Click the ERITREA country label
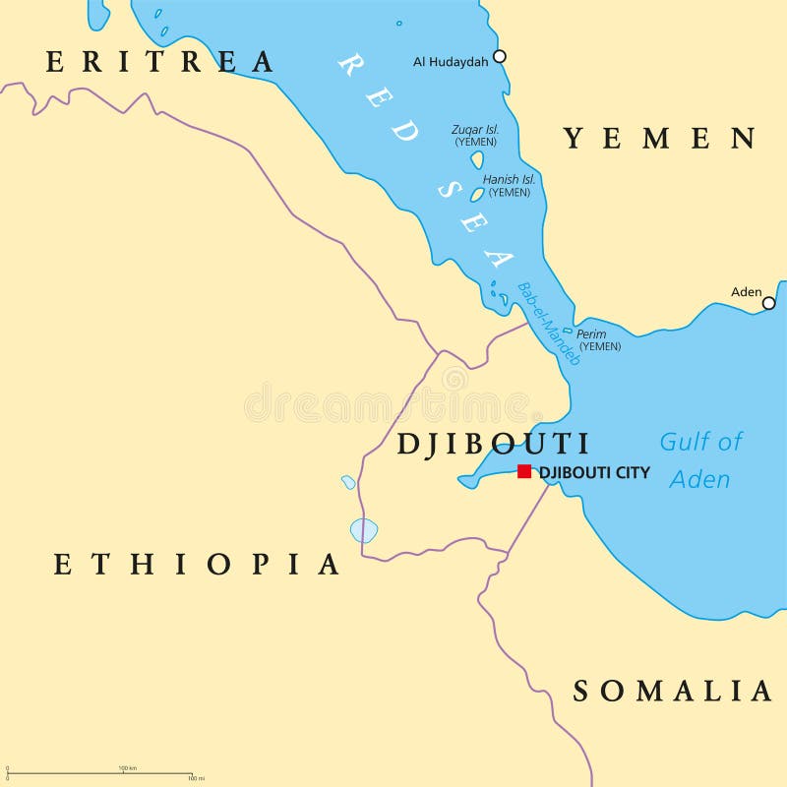tap(160, 62)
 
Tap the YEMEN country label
tap(659, 139)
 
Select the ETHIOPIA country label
tap(197, 564)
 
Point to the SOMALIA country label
tap(673, 692)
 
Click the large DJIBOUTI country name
tap(493, 444)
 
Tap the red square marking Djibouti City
tap(524, 471)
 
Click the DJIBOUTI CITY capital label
tap(594, 472)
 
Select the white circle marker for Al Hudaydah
tap(500, 56)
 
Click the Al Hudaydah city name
tap(452, 61)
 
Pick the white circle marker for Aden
tap(768, 303)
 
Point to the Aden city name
tap(747, 291)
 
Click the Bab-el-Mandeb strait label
tap(550, 324)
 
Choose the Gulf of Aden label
tap(700, 459)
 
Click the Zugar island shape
tap(477, 159)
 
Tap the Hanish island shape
tap(477, 195)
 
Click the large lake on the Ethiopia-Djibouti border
tap(364, 531)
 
